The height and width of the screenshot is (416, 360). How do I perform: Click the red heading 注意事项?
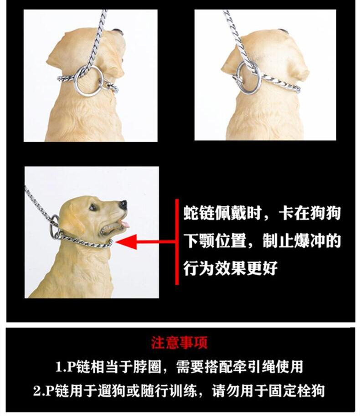pos(180,343)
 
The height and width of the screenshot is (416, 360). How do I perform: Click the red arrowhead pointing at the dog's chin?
pos(127,241)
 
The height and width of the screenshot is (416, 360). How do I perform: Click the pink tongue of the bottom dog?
pos(125,225)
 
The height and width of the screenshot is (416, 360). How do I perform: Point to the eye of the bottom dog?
pos(93,207)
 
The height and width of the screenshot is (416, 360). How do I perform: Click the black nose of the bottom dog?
pos(123,204)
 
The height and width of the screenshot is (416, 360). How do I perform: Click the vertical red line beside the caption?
pos(177,241)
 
